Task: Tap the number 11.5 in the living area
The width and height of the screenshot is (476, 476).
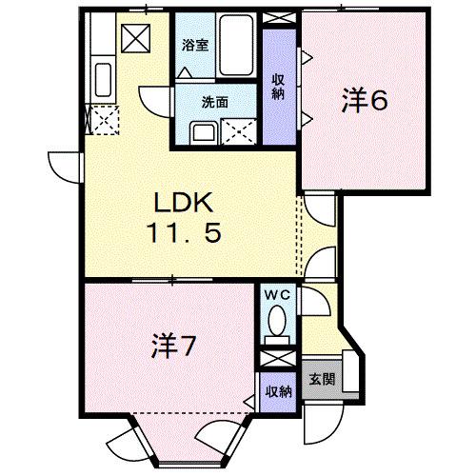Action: pos(187,231)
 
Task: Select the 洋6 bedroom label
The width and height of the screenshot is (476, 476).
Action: pos(363,101)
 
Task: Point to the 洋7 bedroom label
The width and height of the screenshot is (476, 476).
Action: pos(171,347)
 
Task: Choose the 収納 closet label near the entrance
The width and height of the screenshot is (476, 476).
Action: pos(277,390)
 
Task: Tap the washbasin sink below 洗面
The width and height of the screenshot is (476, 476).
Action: pos(202,130)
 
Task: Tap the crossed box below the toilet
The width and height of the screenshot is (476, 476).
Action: pos(277,360)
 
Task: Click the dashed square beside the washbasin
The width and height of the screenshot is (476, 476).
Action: pos(238,129)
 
